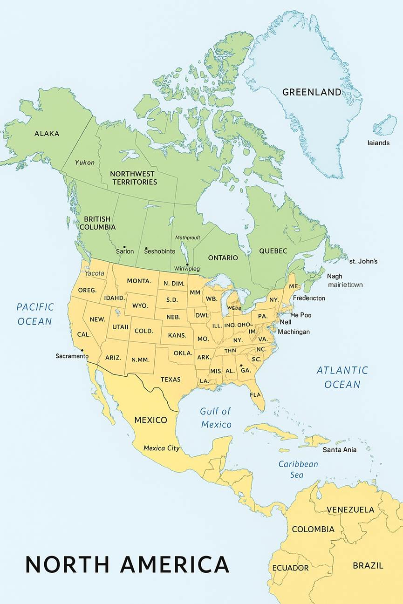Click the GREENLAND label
pos(312,92)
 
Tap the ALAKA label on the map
pos(47,134)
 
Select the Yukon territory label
pos(85,163)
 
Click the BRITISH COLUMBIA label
pos(97,223)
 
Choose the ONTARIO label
pos(223,258)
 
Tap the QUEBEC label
pos(273,251)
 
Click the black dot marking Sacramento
pos(82,350)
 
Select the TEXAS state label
pos(171,380)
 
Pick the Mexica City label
pos(161,448)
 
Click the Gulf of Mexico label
pos(216,418)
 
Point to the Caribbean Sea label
pos(298,469)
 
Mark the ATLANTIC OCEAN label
pos(342,377)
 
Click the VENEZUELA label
pos(350,509)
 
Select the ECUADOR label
pos(290,568)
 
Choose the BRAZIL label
pos(368,565)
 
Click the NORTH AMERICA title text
pos(127,564)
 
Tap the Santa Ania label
pos(340,450)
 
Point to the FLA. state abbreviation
pos(255,395)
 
